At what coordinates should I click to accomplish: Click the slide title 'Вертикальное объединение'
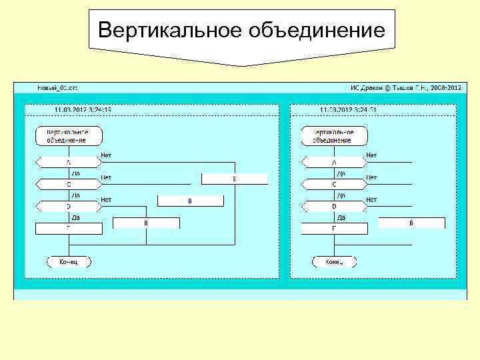tap(241, 31)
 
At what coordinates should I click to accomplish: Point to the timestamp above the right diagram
tap(348, 110)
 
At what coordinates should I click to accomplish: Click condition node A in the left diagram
tap(68, 162)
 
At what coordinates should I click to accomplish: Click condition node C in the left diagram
tap(68, 183)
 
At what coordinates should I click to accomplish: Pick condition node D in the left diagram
tap(68, 206)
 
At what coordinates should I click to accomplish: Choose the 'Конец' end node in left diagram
tap(69, 262)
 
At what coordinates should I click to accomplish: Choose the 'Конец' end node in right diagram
tap(334, 262)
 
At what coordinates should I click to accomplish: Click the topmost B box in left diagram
tap(234, 179)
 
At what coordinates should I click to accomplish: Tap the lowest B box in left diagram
tap(146, 223)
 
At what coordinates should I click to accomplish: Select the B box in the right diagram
tap(411, 223)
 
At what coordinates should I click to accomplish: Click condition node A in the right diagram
tap(334, 162)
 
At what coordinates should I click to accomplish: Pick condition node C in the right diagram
tap(334, 183)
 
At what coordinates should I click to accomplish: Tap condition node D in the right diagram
tap(334, 206)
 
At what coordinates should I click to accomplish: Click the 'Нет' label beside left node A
tap(106, 155)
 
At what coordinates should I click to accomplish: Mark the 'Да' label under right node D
tap(341, 217)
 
